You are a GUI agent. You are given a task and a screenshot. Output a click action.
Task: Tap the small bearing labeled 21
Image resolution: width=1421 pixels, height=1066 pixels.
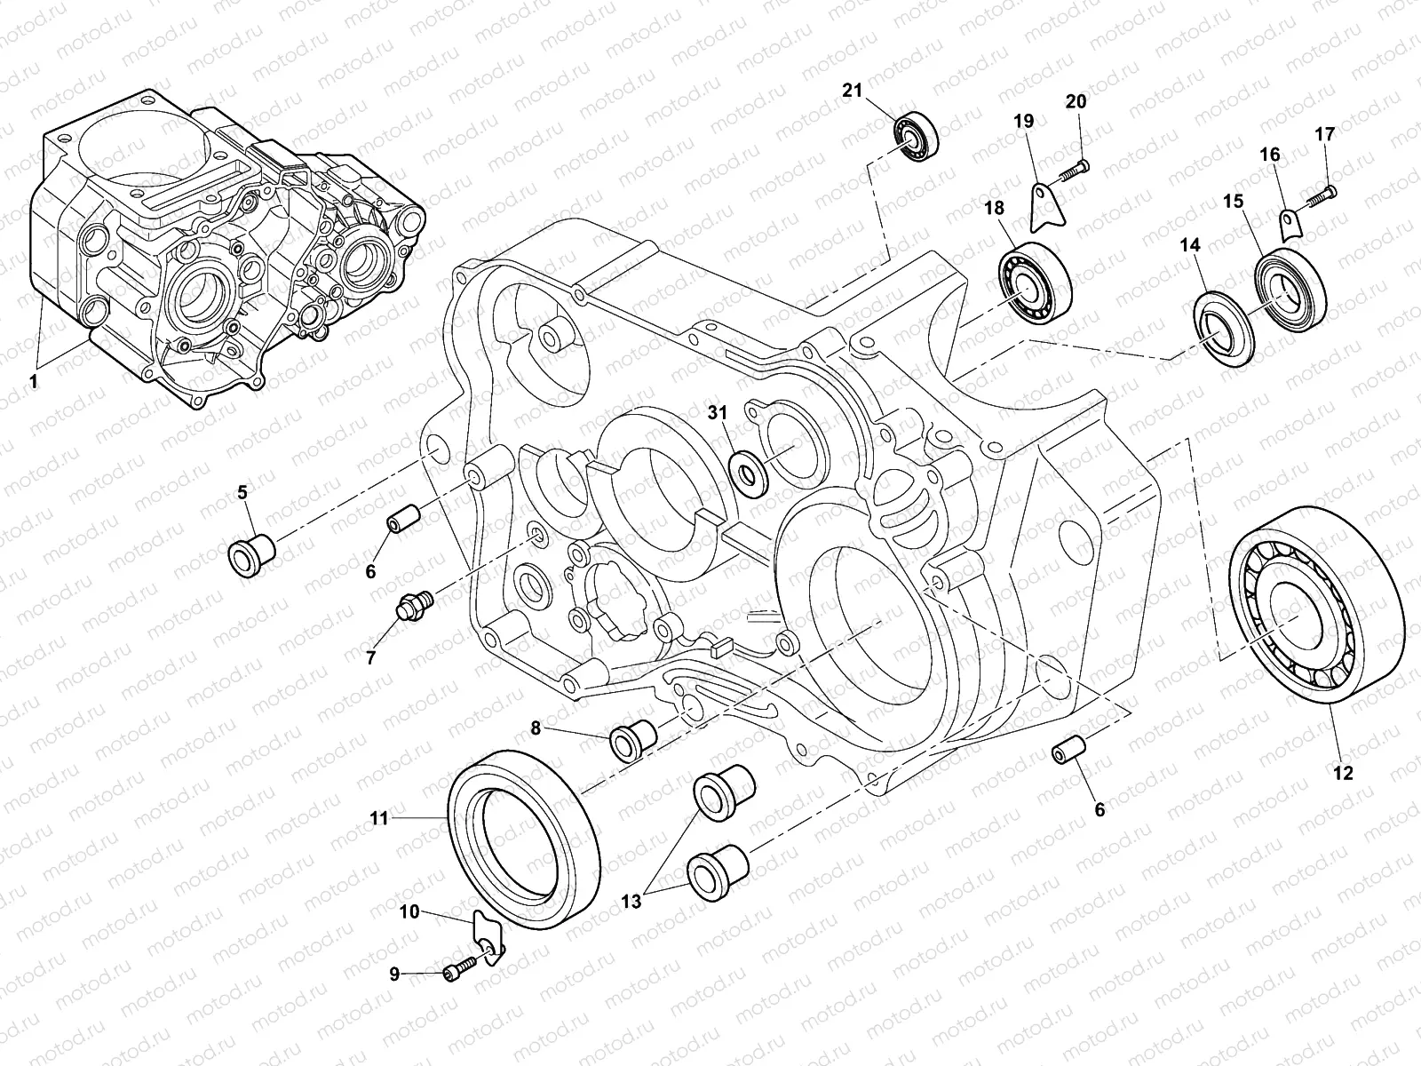coord(916,138)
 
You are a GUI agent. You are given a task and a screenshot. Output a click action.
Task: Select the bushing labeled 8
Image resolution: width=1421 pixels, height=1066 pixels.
coord(632,736)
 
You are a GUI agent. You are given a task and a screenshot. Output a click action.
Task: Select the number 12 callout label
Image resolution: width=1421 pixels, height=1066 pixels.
coord(1343,773)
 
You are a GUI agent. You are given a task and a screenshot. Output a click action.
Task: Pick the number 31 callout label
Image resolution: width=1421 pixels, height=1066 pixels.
coord(718,412)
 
